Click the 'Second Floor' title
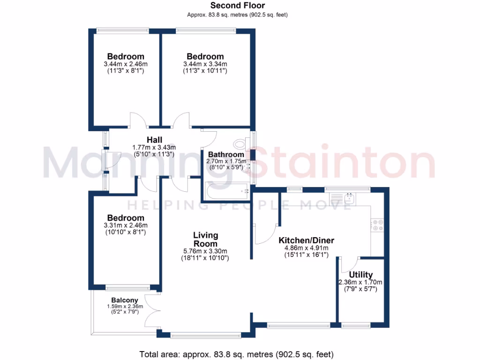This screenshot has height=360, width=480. pyautogui.click(x=237, y=6)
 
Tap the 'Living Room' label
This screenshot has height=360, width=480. pyautogui.click(x=205, y=239)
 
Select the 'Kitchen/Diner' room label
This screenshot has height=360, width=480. pyautogui.click(x=306, y=240)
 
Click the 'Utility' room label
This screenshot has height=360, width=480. pyautogui.click(x=361, y=275)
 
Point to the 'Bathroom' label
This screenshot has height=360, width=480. pyautogui.click(x=226, y=154)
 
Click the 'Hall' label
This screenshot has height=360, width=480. pyautogui.click(x=154, y=140)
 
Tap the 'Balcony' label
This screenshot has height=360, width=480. pyautogui.click(x=125, y=300)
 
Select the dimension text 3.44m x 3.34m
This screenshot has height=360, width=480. pyautogui.click(x=205, y=64)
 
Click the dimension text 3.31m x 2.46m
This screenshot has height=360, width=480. pyautogui.click(x=126, y=225)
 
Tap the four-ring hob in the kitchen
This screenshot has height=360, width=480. pyautogui.click(x=378, y=225)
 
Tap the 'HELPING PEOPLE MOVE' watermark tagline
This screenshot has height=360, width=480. pyautogui.click(x=240, y=205)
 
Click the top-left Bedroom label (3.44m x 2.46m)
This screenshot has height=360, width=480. pyautogui.click(x=125, y=57)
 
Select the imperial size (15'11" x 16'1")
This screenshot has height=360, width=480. pyautogui.click(x=306, y=255)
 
